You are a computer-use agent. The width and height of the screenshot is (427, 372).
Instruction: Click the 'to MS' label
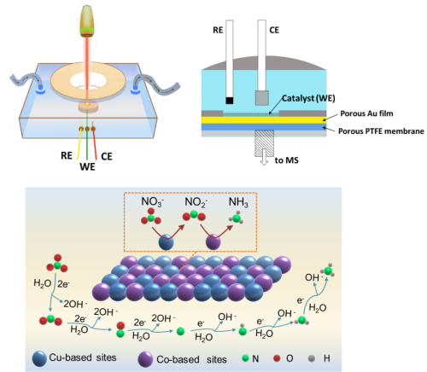286,160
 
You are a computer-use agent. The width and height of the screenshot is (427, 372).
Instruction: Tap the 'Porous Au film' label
366,113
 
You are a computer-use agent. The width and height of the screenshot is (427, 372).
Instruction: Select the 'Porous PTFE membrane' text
381,131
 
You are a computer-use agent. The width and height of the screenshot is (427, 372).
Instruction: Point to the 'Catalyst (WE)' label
308,98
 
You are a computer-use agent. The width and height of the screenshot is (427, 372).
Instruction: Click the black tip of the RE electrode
230,101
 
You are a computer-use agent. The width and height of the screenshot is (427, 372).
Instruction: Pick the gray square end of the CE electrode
262,98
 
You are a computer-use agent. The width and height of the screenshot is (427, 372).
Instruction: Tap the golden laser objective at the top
87,21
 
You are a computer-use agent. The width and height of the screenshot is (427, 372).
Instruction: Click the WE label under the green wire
87,166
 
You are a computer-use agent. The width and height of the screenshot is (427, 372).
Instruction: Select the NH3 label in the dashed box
238,202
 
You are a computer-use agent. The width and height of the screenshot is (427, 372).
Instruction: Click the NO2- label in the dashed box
196,202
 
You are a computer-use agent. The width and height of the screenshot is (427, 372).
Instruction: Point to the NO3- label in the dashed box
152,202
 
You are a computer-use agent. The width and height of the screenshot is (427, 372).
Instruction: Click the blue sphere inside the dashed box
166,242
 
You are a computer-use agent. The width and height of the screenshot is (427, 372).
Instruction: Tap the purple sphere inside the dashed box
213,242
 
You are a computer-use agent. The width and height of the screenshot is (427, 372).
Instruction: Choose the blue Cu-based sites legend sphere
39,358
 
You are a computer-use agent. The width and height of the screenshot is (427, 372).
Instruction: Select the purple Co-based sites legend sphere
145,359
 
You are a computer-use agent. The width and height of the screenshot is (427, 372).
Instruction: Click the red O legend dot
277,358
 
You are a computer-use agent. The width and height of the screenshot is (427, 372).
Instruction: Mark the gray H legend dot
312,358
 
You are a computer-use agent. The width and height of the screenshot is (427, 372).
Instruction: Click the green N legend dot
245,358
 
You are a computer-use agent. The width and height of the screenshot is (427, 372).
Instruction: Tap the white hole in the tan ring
88,81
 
